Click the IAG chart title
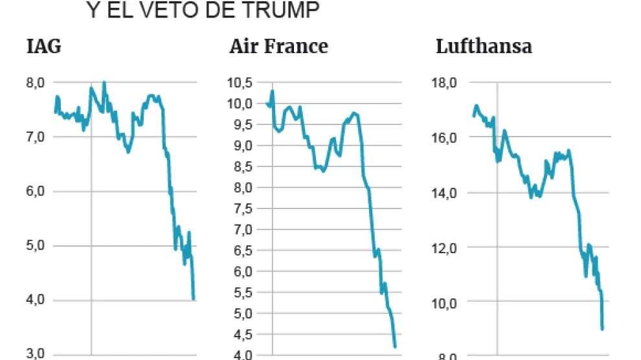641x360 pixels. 44,47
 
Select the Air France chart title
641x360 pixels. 278,47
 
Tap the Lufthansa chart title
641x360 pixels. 484,47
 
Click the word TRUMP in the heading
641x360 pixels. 280,10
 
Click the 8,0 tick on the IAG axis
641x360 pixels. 35,82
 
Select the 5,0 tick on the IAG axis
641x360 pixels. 35,245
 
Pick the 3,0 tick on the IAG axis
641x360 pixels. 35,354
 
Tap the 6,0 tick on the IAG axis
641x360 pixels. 35,191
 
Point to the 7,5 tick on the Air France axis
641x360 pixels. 242,208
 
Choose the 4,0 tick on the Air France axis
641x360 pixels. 242,355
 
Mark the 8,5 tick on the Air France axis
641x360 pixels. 242,166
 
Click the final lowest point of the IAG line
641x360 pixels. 194,299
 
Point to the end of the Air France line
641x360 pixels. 395,347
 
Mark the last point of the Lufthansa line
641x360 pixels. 603,329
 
